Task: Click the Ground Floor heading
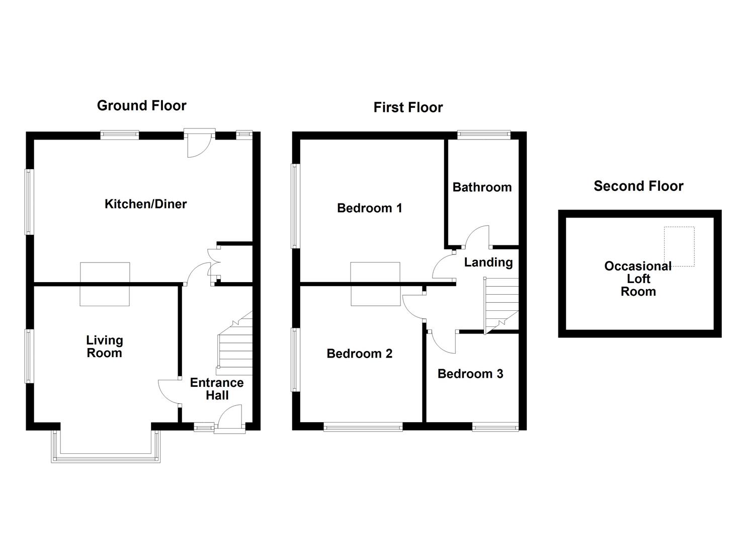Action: [x=141, y=105]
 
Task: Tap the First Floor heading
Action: [x=408, y=107]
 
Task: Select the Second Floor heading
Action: [x=638, y=186]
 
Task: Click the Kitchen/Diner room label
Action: [x=145, y=204]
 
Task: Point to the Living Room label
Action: [x=104, y=347]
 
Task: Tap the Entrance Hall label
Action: [x=217, y=389]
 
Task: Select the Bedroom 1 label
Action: [x=369, y=208]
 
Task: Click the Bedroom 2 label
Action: [x=359, y=354]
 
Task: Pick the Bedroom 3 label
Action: [x=470, y=374]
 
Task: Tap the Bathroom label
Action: [x=482, y=187]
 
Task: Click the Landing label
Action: [x=488, y=262]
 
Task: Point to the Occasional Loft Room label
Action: [x=637, y=279]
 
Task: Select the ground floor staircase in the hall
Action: [x=235, y=343]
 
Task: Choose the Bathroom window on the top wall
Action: [x=483, y=134]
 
